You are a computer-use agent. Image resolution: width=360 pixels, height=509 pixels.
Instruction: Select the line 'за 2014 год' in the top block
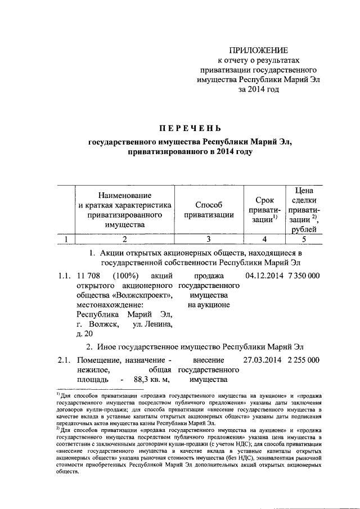click(258, 89)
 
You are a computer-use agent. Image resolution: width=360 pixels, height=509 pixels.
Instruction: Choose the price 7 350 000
click(304, 276)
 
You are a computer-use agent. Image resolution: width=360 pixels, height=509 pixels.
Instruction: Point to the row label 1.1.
click(65, 276)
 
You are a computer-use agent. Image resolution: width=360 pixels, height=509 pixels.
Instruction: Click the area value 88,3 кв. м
click(152, 380)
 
